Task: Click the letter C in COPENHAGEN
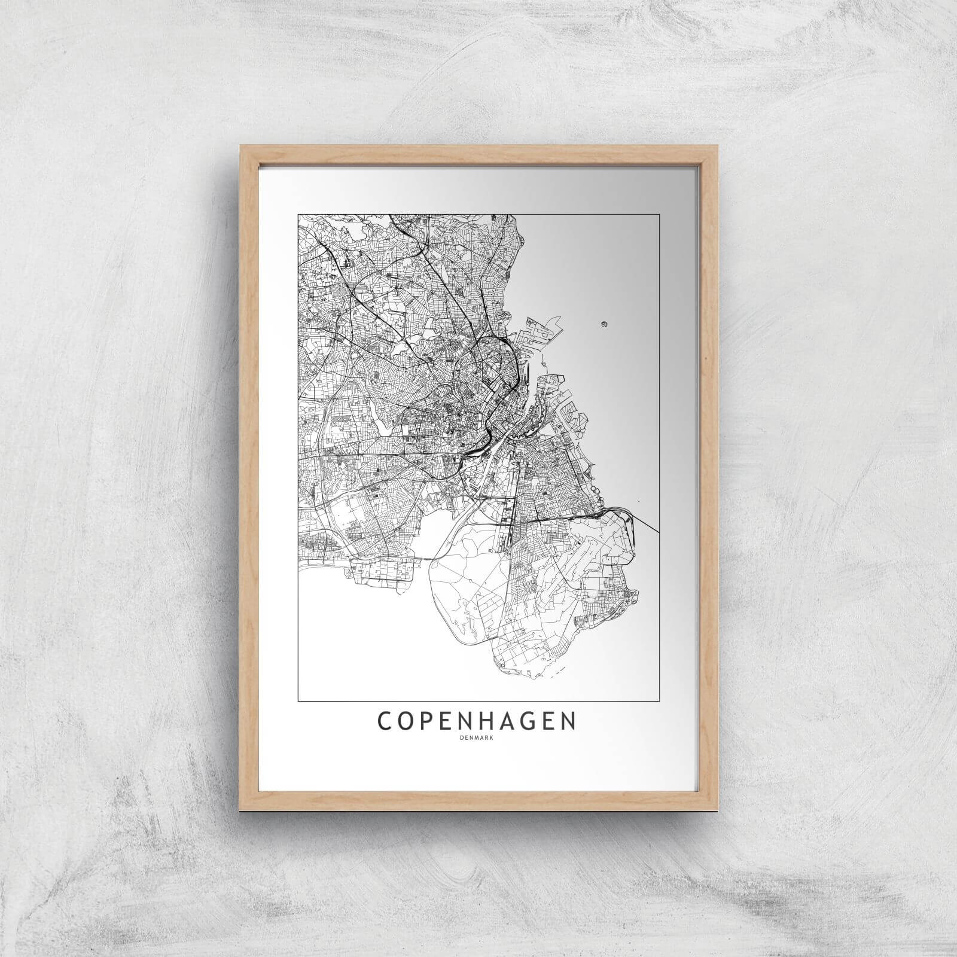(384, 721)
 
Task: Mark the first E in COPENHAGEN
(455, 721)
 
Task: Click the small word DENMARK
(478, 737)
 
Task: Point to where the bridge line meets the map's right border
(659, 531)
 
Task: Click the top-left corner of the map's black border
(298, 214)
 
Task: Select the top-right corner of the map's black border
(659, 214)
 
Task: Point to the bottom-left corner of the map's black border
(298, 700)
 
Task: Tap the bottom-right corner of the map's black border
(659, 700)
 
